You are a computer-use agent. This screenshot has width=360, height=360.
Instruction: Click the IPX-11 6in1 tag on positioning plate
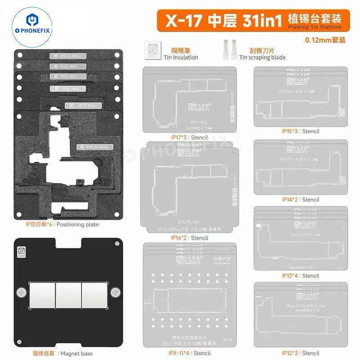point(67,56)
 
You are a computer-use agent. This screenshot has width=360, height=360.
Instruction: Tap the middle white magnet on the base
point(67,294)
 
